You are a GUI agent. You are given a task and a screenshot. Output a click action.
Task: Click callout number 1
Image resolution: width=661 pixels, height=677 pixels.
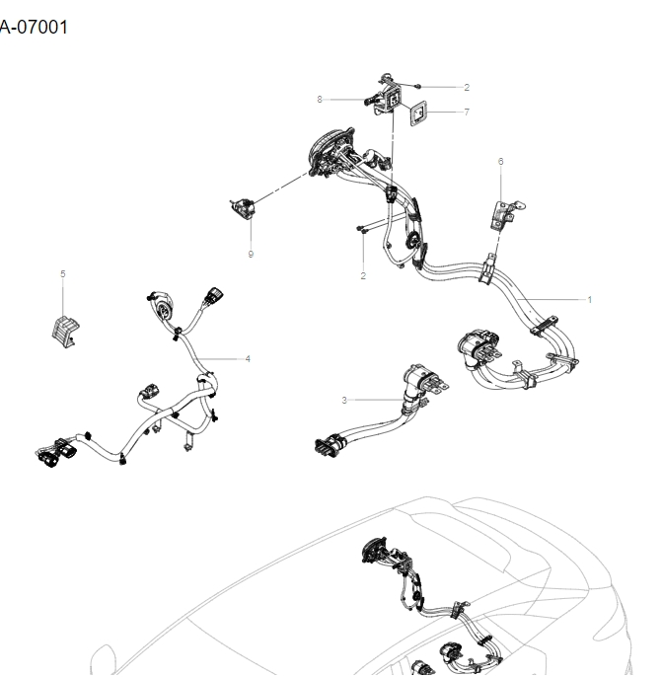pos(590,299)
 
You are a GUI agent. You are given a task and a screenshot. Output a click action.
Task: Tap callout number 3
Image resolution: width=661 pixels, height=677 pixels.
pos(344,400)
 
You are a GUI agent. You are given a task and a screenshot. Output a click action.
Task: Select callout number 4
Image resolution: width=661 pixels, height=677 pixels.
pos(248,358)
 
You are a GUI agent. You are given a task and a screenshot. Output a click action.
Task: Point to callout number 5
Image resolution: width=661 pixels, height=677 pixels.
pos(63,274)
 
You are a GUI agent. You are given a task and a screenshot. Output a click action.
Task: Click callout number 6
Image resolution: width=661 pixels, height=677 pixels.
pos(500,161)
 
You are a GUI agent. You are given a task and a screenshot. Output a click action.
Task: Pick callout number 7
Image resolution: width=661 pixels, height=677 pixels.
pos(467,113)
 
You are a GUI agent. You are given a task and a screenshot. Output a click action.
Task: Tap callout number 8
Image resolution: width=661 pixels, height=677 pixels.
pos(320,99)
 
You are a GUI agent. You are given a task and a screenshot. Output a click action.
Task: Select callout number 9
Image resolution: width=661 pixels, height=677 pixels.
pos(251,254)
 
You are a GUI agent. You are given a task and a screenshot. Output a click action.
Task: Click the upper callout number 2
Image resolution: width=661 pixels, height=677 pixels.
pos(467,88)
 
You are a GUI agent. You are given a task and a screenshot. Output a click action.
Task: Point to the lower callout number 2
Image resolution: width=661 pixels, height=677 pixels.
pos(363,275)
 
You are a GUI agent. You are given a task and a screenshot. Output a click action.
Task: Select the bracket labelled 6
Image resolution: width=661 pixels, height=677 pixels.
pos(506,212)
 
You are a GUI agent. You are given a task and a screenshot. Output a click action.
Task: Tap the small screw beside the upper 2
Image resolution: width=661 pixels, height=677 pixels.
pos(421,87)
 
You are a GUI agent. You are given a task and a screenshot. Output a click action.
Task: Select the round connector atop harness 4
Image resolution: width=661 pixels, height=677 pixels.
pos(161,304)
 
